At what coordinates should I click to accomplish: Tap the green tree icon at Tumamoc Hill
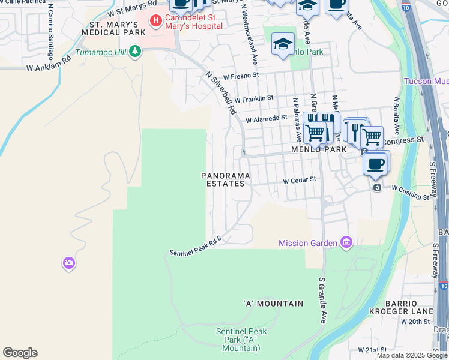136,52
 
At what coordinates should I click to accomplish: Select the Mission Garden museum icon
346,242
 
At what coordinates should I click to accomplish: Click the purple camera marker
68,263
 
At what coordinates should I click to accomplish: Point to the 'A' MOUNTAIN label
273,304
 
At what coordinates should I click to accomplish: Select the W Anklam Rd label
49,64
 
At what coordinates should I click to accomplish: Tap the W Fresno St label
241,76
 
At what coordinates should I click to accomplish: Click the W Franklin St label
254,98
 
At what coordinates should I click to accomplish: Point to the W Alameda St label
266,119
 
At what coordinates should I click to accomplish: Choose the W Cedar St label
299,180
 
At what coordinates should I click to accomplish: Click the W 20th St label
418,322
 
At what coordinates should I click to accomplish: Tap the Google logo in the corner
19,353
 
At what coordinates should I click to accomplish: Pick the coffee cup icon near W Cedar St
376,164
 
